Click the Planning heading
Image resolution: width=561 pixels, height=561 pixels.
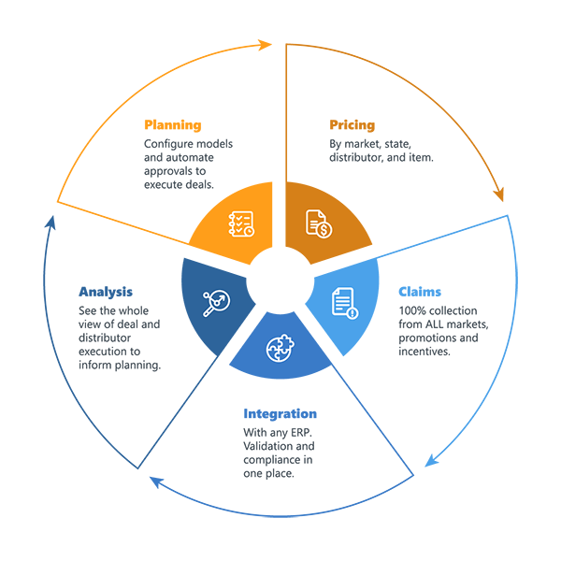[x=173, y=124]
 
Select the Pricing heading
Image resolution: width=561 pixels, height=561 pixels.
[x=352, y=124]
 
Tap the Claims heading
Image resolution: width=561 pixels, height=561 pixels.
[x=420, y=291]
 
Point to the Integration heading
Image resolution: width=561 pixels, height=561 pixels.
[x=280, y=413]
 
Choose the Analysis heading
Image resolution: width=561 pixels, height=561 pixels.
[x=106, y=291]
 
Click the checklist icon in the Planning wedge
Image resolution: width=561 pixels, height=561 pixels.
[x=241, y=223]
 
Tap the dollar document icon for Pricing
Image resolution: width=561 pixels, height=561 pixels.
[x=319, y=223]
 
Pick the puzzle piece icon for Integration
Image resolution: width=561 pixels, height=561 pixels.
[x=279, y=348]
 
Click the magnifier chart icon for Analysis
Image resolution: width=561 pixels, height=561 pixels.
[x=217, y=300]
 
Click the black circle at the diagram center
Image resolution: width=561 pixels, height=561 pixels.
[x=280, y=275]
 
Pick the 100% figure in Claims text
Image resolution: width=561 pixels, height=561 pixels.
[x=413, y=309]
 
